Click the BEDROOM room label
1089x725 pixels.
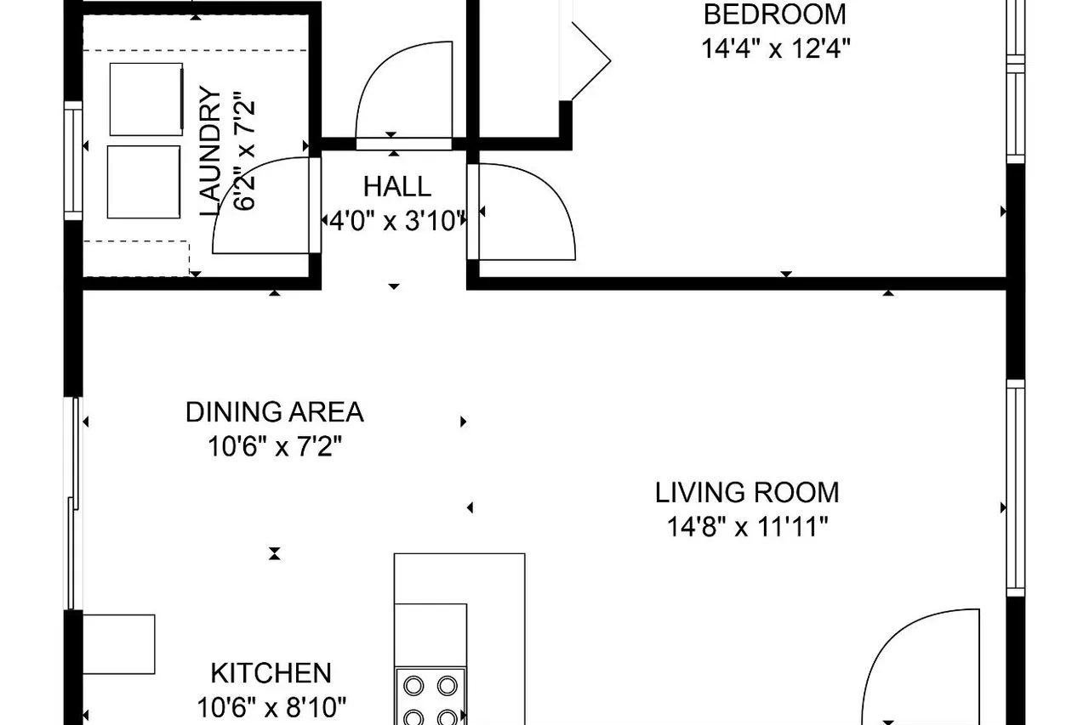point(775,14)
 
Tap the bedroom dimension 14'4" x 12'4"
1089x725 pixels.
point(775,48)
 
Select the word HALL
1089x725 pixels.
point(397,186)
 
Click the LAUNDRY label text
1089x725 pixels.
point(210,151)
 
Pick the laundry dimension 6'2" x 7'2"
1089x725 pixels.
point(244,151)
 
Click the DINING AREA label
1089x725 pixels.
point(275,411)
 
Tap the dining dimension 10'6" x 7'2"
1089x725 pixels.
point(275,446)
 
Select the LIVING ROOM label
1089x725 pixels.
point(747,492)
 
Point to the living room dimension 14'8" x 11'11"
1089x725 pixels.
point(747,527)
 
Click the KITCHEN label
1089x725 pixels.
point(271,673)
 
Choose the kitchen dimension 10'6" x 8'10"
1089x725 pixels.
point(271,707)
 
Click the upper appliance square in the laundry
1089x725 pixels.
point(146,99)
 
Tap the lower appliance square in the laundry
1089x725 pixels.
point(144,182)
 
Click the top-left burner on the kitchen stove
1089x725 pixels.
point(413,686)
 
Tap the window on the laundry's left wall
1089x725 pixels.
point(73,161)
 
